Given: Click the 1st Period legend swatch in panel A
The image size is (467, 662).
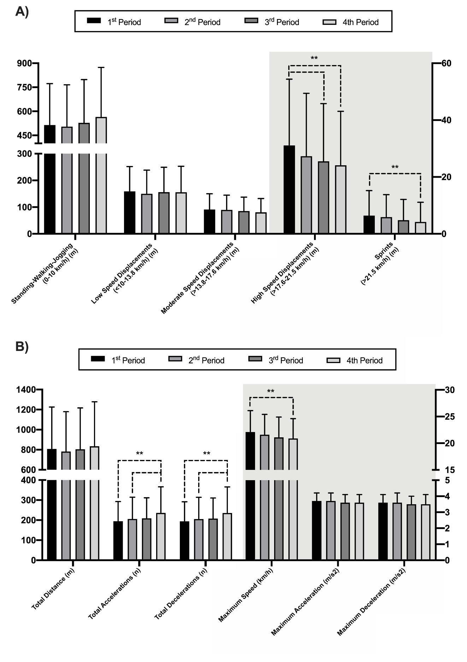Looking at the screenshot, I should tap(94, 21).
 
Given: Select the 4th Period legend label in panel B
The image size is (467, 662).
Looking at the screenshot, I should tap(364, 361).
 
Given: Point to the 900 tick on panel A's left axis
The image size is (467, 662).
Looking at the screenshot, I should tap(24, 63).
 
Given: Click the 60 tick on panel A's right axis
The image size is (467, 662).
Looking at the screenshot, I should tap(446, 63).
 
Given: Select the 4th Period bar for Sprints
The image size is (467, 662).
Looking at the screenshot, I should tap(420, 228).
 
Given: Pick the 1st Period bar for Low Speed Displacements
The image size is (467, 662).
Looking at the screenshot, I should tap(130, 212).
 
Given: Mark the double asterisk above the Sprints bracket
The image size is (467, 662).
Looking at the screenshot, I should tap(395, 167).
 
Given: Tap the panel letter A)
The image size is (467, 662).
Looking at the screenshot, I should tap(22, 12).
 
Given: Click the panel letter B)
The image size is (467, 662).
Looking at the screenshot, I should tap(22, 346).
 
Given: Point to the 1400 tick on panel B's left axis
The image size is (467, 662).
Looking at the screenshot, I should tap(25, 390).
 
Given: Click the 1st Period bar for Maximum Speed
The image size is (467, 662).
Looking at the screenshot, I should tap(250, 495).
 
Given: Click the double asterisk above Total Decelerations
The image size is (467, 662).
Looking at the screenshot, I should tap(207, 454).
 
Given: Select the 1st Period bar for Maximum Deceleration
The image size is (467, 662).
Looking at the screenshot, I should tap(383, 531).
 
